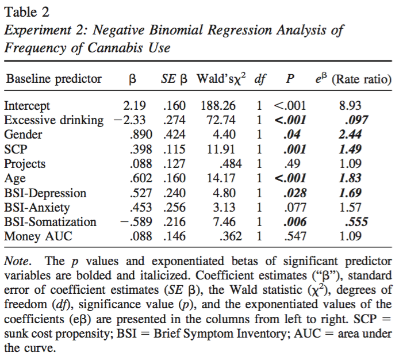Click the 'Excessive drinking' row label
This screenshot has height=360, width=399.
tap(53, 120)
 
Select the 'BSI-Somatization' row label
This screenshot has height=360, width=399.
tap(50, 221)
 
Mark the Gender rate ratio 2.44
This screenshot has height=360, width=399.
tap(355, 135)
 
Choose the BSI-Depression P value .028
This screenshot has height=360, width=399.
tap(294, 193)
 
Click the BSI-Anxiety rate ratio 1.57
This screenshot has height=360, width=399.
tap(355, 207)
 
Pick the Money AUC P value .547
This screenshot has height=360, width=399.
tap(294, 236)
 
